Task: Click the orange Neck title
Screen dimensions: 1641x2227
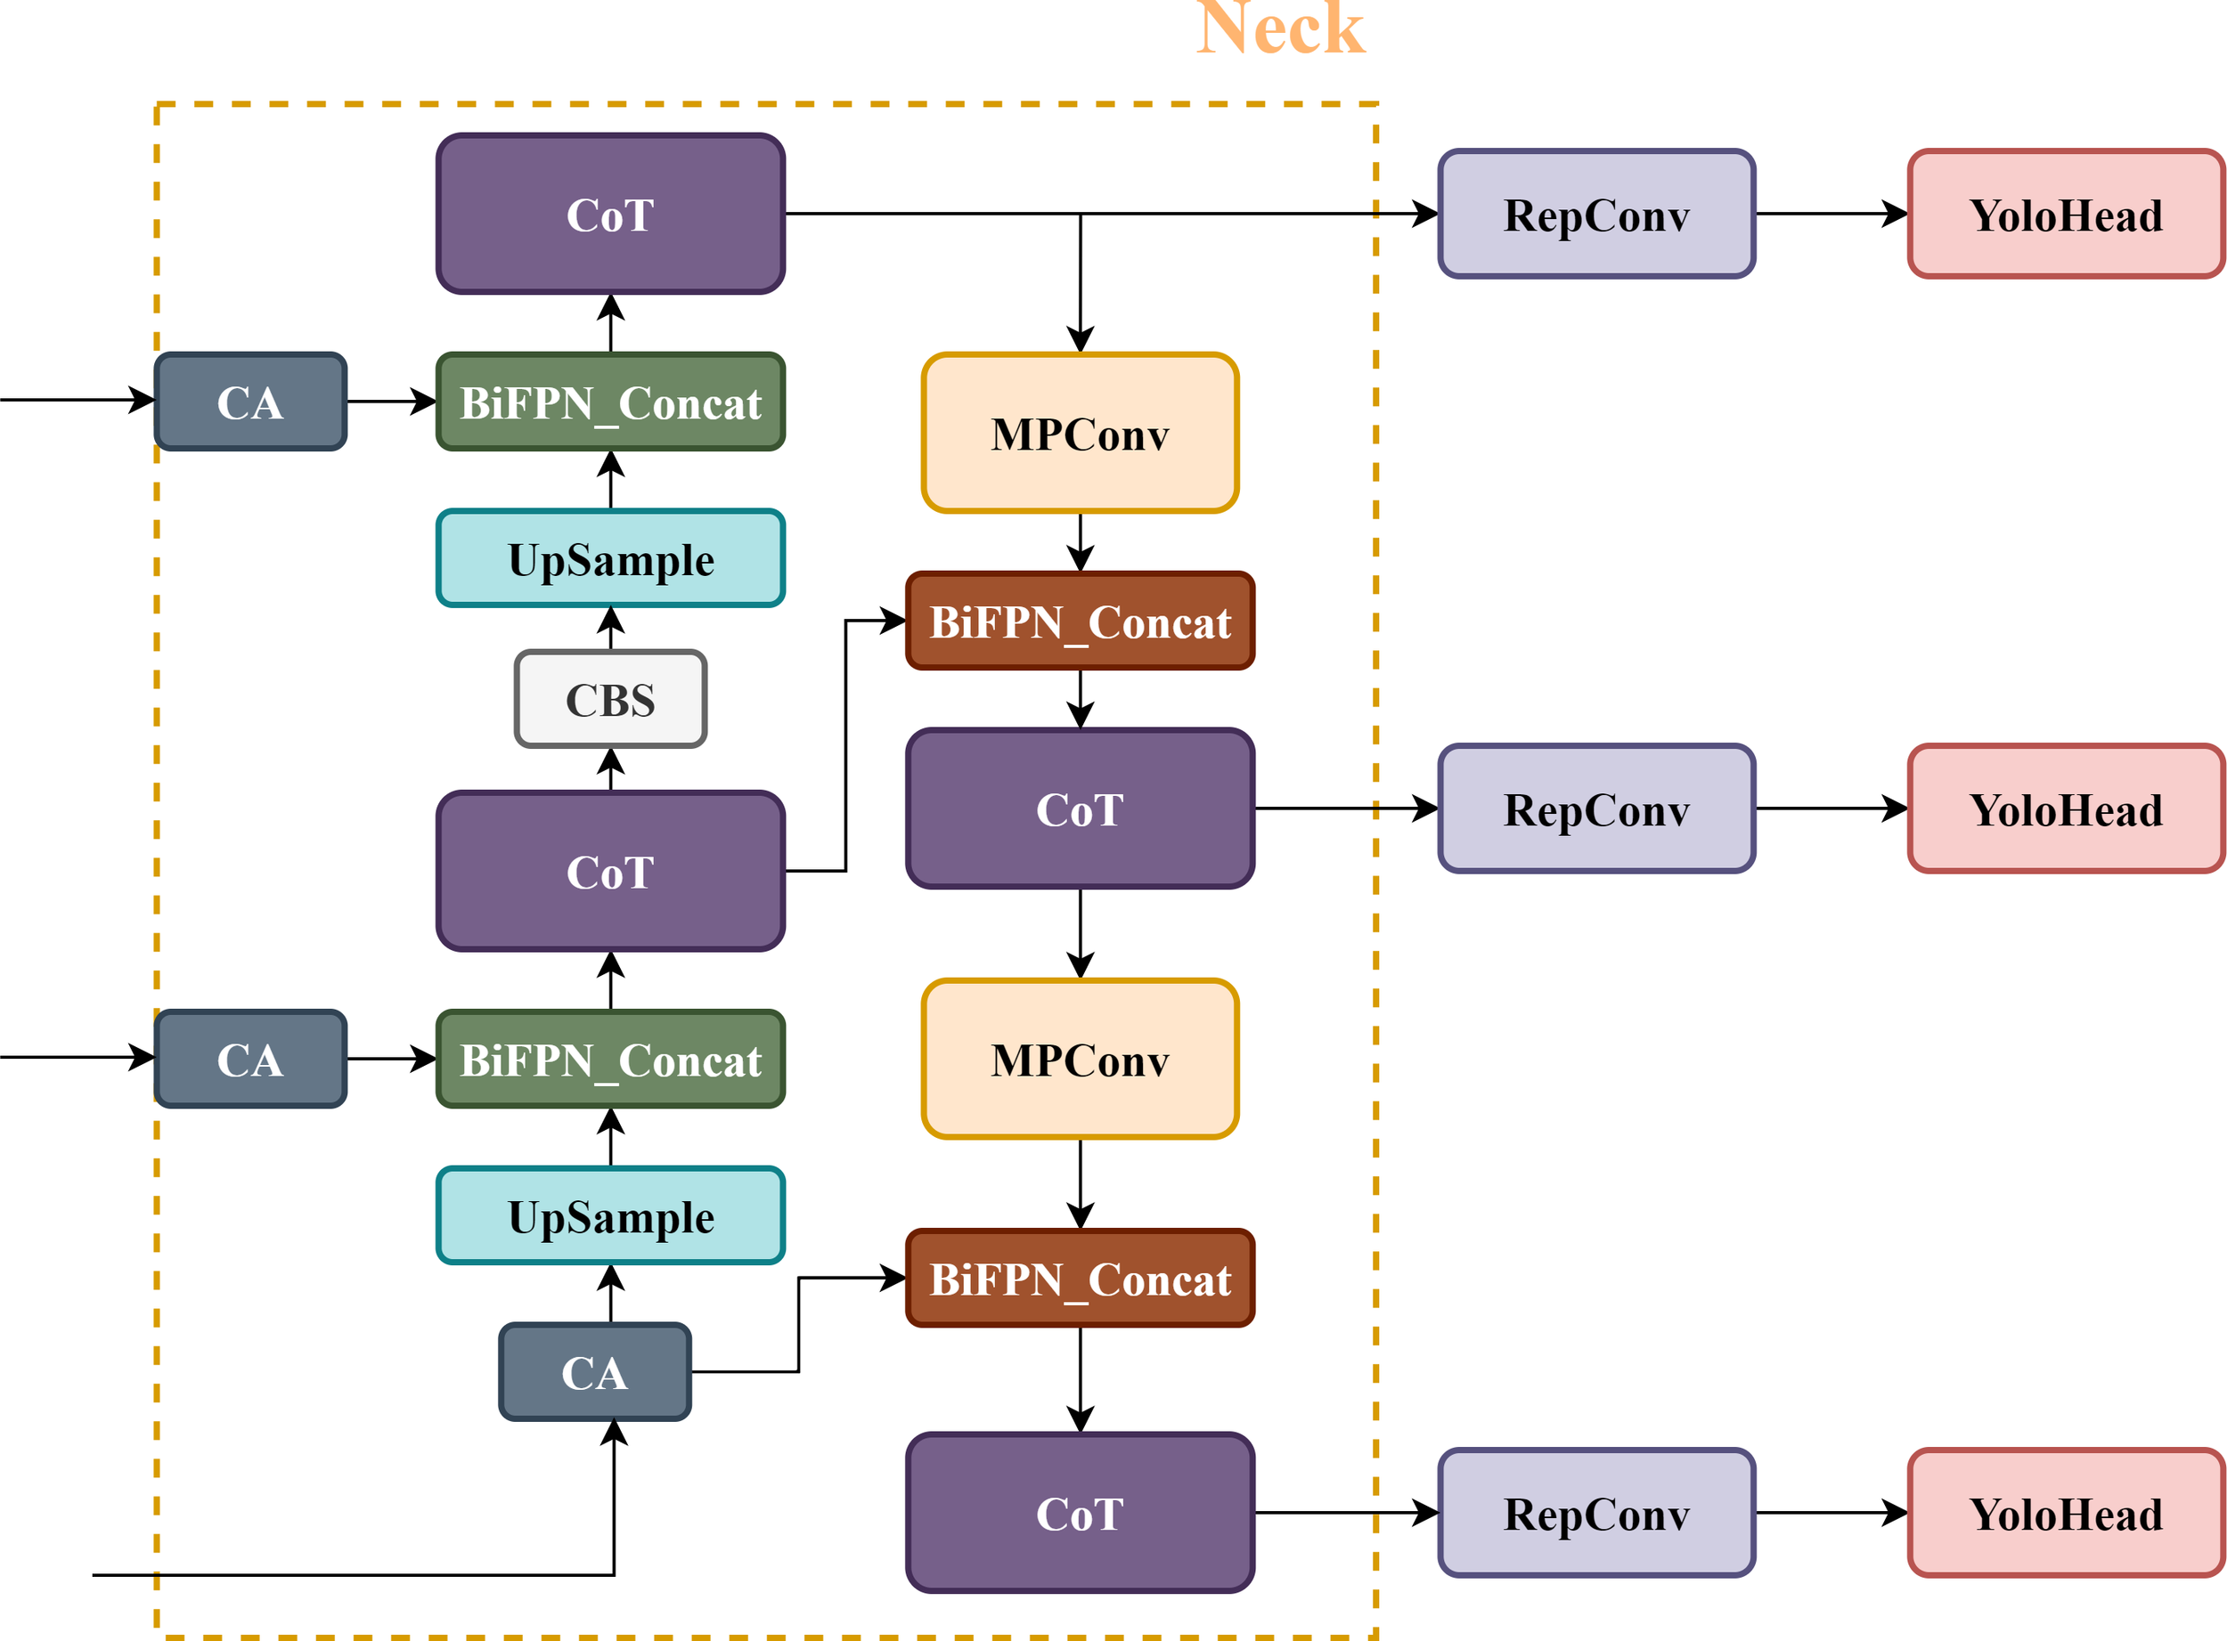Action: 1280,28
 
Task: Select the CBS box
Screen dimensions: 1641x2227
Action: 610,699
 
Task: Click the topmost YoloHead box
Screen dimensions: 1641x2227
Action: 2065,215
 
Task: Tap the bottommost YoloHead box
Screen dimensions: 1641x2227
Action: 2065,1513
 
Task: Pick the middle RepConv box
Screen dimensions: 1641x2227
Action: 1596,808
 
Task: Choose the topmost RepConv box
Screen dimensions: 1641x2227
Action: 1596,215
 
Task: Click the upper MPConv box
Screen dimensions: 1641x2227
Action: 1080,433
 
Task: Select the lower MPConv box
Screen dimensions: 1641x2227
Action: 1080,1059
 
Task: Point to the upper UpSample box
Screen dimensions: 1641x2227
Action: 610,558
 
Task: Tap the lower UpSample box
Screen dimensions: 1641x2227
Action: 610,1216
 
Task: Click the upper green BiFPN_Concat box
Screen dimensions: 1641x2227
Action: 610,402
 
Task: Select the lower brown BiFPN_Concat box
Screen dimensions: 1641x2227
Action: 1080,1279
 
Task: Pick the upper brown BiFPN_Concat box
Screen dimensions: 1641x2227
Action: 1080,621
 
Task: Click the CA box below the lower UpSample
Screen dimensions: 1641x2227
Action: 594,1372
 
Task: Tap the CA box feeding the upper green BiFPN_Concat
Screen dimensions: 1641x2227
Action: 250,402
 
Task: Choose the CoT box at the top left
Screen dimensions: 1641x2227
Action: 610,215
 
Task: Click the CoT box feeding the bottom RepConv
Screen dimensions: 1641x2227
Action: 1080,1513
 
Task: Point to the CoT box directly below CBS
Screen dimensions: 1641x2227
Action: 610,871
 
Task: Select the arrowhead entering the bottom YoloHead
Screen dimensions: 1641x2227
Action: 1894,1513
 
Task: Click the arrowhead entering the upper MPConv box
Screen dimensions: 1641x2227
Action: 1081,340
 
